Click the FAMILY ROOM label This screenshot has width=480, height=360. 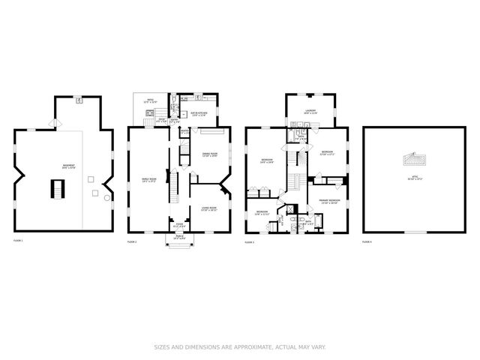149,180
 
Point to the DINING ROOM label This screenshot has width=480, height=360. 209,156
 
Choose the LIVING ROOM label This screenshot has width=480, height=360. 208,209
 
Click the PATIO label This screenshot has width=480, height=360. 149,101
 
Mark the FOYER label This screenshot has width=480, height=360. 179,225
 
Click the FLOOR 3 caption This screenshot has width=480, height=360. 250,241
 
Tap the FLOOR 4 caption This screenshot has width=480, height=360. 367,241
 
